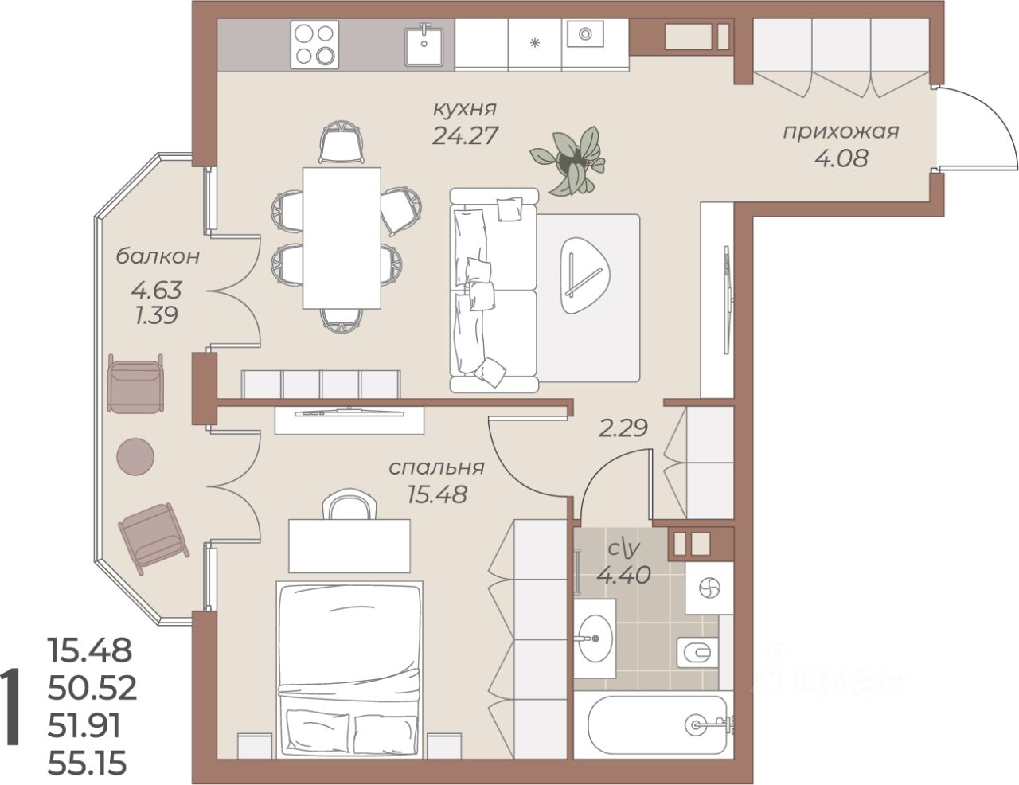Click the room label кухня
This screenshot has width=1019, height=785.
464,110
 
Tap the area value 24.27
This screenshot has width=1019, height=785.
464,136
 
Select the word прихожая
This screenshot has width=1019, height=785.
841,132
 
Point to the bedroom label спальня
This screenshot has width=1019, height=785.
436,467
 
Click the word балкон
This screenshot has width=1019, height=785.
158,256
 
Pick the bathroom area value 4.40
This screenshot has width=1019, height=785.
623,575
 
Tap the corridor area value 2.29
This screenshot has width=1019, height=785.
623,428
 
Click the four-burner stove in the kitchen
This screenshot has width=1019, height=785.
314,45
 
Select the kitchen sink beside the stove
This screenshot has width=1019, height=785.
424,46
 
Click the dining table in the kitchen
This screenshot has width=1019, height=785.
342,238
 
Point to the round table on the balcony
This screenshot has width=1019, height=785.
135,457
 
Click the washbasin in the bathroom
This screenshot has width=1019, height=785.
595,639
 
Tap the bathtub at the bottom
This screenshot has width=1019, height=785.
654,725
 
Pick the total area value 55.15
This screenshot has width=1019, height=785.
88,763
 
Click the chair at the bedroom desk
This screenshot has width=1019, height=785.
349,504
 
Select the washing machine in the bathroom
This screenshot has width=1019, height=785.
709,588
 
